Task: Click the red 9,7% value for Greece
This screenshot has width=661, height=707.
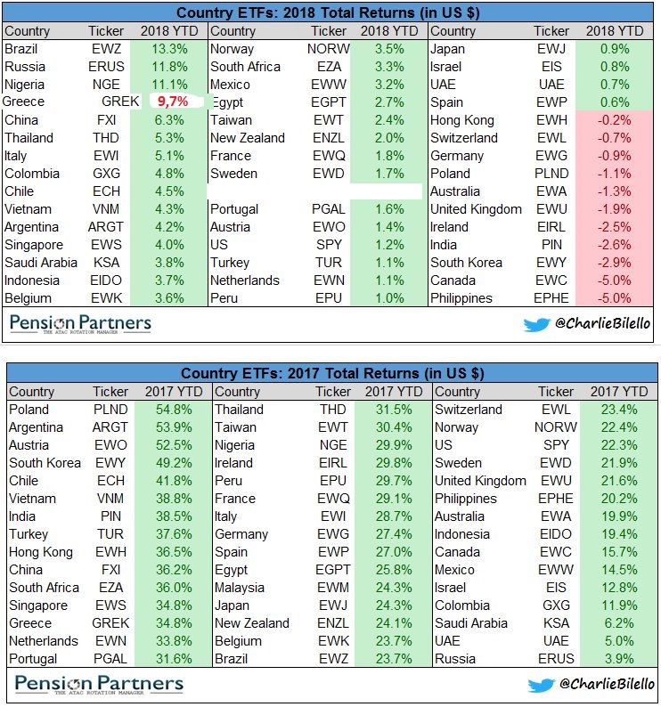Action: [173, 102]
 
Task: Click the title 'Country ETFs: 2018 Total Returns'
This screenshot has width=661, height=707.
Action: [330, 13]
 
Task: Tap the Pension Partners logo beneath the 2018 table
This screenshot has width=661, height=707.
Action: [80, 322]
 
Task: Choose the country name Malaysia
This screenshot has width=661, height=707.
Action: [240, 588]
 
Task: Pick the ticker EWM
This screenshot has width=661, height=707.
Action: [335, 588]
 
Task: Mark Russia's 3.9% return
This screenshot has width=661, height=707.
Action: [620, 659]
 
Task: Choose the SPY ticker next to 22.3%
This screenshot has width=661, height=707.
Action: [556, 445]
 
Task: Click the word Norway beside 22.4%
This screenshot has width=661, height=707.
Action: [457, 427]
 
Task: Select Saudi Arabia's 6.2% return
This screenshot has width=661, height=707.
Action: [620, 623]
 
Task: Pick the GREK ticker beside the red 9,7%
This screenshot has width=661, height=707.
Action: [121, 102]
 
